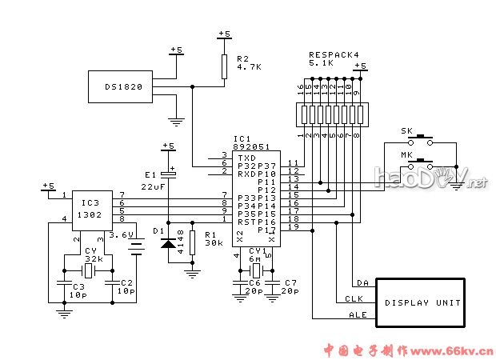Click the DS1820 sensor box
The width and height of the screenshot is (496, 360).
tap(123, 86)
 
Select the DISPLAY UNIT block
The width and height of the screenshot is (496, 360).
tap(422, 302)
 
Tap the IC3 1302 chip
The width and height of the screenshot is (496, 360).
tap(91, 205)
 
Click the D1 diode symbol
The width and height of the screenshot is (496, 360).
tap(168, 242)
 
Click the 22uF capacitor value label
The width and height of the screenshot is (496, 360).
tap(153, 186)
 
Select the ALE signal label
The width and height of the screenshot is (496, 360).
tap(358, 315)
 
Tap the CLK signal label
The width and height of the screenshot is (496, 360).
tap(354, 299)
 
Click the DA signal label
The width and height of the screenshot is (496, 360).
tap(362, 283)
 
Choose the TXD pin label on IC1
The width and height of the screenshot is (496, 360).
tap(246, 158)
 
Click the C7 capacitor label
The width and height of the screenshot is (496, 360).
tap(290, 283)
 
